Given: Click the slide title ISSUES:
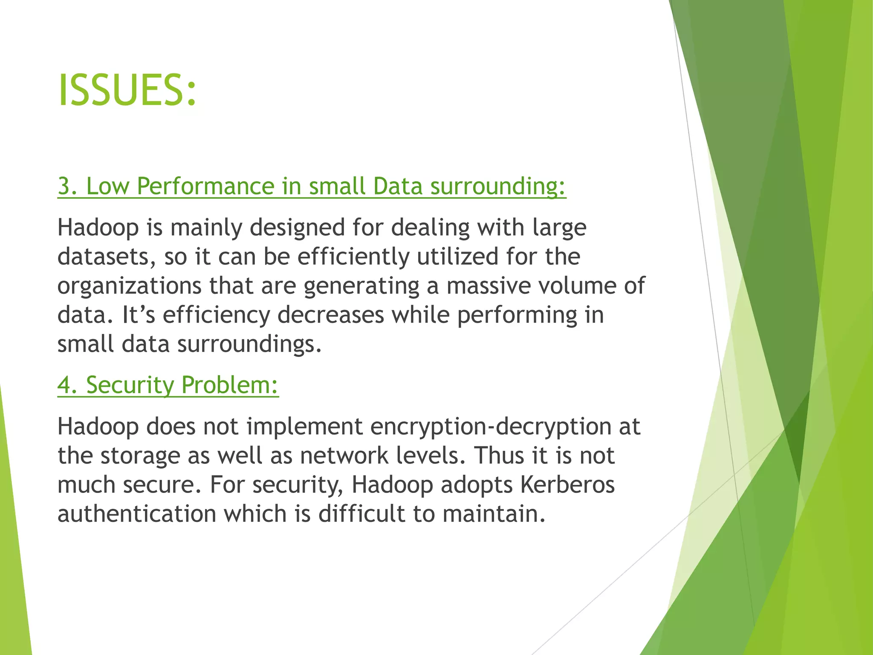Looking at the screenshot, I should click(x=127, y=90).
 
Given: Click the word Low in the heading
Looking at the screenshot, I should click(x=107, y=186).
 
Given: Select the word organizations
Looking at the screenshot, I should click(x=130, y=286).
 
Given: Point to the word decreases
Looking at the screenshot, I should click(x=331, y=315).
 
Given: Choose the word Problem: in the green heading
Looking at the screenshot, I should click(x=230, y=385).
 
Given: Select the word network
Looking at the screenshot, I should click(x=344, y=456).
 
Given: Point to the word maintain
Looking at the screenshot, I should click(x=494, y=514).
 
